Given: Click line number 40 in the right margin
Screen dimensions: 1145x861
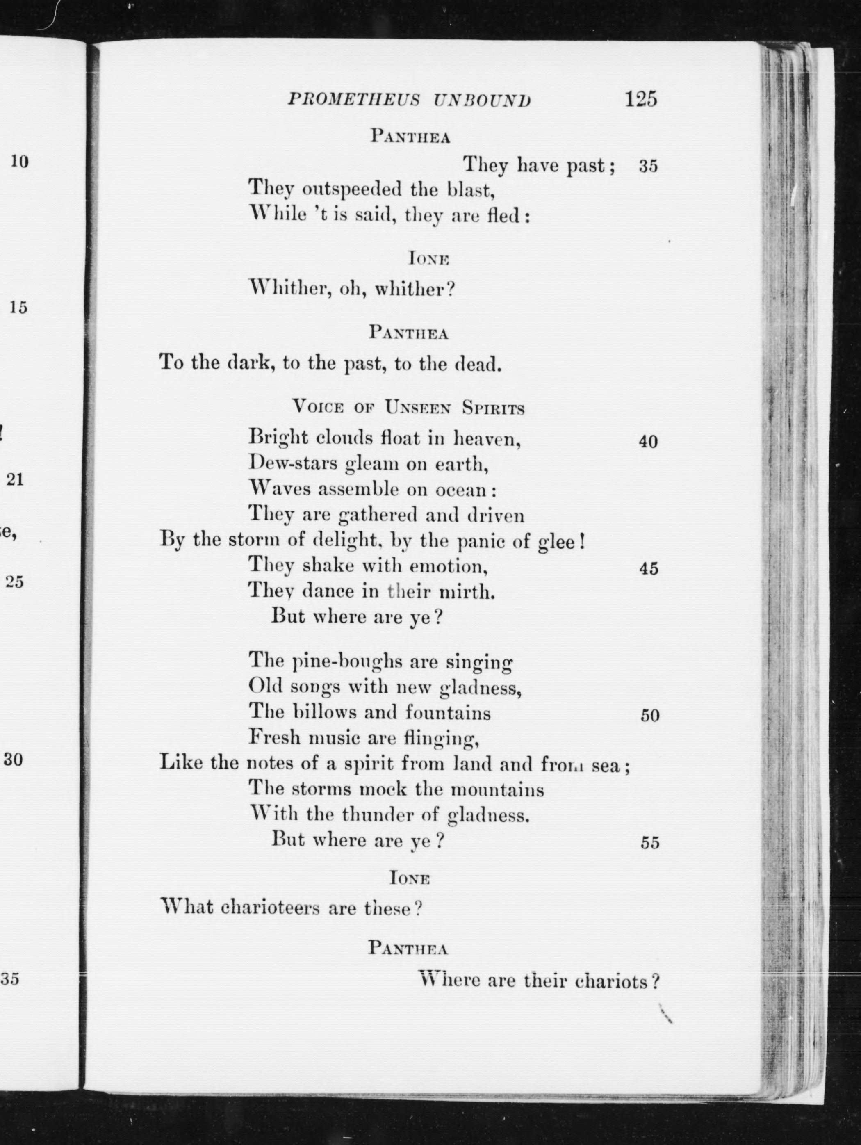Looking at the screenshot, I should pos(648,442).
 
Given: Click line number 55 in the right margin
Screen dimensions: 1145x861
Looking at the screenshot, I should pos(650,843).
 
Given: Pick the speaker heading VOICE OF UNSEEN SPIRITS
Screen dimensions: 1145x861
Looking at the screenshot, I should pos(408,408).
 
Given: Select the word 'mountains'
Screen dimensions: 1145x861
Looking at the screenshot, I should pos(497,790).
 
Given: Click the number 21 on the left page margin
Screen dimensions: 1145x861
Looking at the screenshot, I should pos(15,479).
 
